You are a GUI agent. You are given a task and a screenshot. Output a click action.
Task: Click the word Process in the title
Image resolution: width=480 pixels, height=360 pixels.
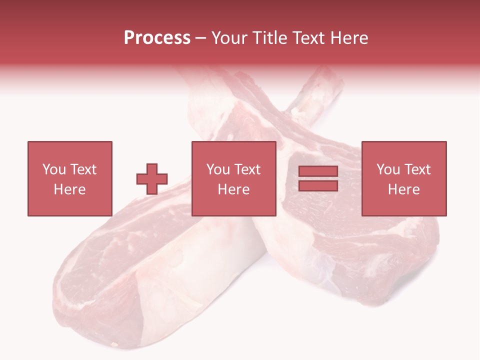tap(157, 38)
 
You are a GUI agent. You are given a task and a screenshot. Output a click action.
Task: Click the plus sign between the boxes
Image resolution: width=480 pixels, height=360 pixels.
tap(152, 178)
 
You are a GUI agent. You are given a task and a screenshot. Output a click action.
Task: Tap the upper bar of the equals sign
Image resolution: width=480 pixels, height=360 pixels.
tap(318, 171)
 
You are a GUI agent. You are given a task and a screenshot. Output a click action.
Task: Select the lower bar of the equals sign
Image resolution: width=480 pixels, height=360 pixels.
tap(318, 185)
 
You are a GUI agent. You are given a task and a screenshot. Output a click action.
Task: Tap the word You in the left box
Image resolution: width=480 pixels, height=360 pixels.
tap(54, 169)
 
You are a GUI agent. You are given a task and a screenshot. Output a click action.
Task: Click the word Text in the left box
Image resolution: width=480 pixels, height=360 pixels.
tap(82, 169)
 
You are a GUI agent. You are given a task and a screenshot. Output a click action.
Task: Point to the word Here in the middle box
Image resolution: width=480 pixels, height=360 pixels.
tap(233, 189)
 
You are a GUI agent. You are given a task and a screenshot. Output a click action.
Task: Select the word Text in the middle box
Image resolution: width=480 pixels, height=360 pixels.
tap(247, 169)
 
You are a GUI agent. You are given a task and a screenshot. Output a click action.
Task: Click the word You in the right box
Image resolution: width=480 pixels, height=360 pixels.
tap(388, 169)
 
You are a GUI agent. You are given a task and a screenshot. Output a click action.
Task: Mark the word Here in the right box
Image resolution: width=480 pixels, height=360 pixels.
tap(403, 189)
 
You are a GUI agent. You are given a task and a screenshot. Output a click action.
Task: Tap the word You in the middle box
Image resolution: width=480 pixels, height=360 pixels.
tap(218, 169)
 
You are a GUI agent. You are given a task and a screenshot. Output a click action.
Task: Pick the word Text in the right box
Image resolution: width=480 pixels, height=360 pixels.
tap(417, 169)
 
